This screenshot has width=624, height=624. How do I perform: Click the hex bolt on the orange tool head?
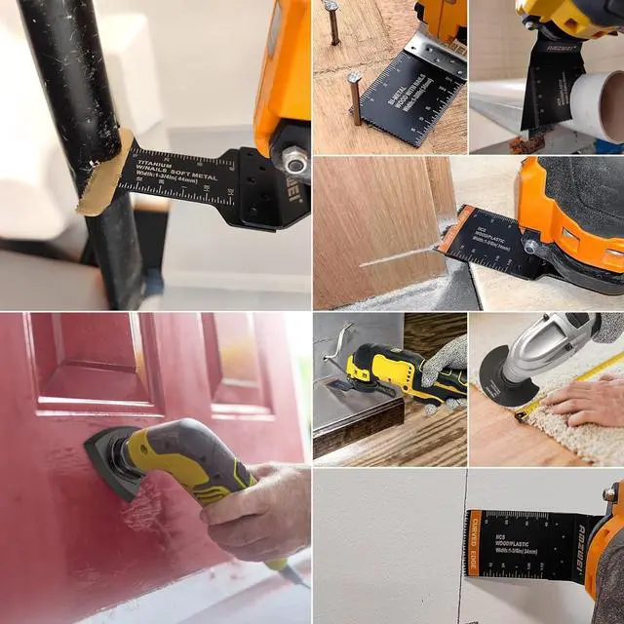[293, 161]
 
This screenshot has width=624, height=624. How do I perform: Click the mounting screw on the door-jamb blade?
[530, 246]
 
